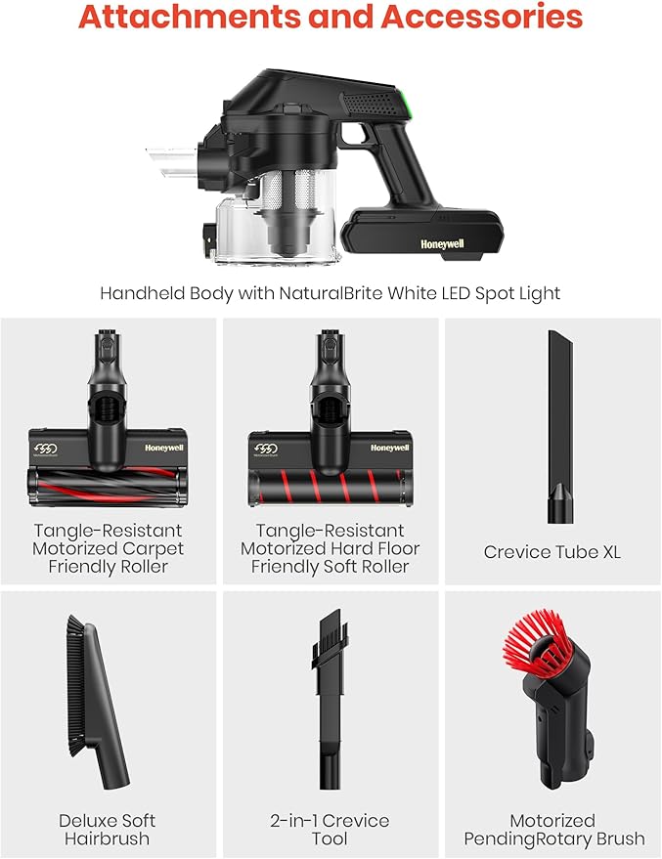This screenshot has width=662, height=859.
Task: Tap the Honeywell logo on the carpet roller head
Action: click(x=163, y=448)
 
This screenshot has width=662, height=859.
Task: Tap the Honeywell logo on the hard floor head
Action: click(x=389, y=448)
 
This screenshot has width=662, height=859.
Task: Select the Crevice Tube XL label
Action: click(x=552, y=552)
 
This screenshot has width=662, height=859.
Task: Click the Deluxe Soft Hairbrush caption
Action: click(x=107, y=829)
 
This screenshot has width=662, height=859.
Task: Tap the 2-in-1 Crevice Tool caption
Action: click(x=330, y=829)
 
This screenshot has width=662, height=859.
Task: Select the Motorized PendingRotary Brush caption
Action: click(x=552, y=829)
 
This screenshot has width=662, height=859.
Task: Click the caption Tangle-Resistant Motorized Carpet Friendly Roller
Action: click(x=107, y=549)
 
